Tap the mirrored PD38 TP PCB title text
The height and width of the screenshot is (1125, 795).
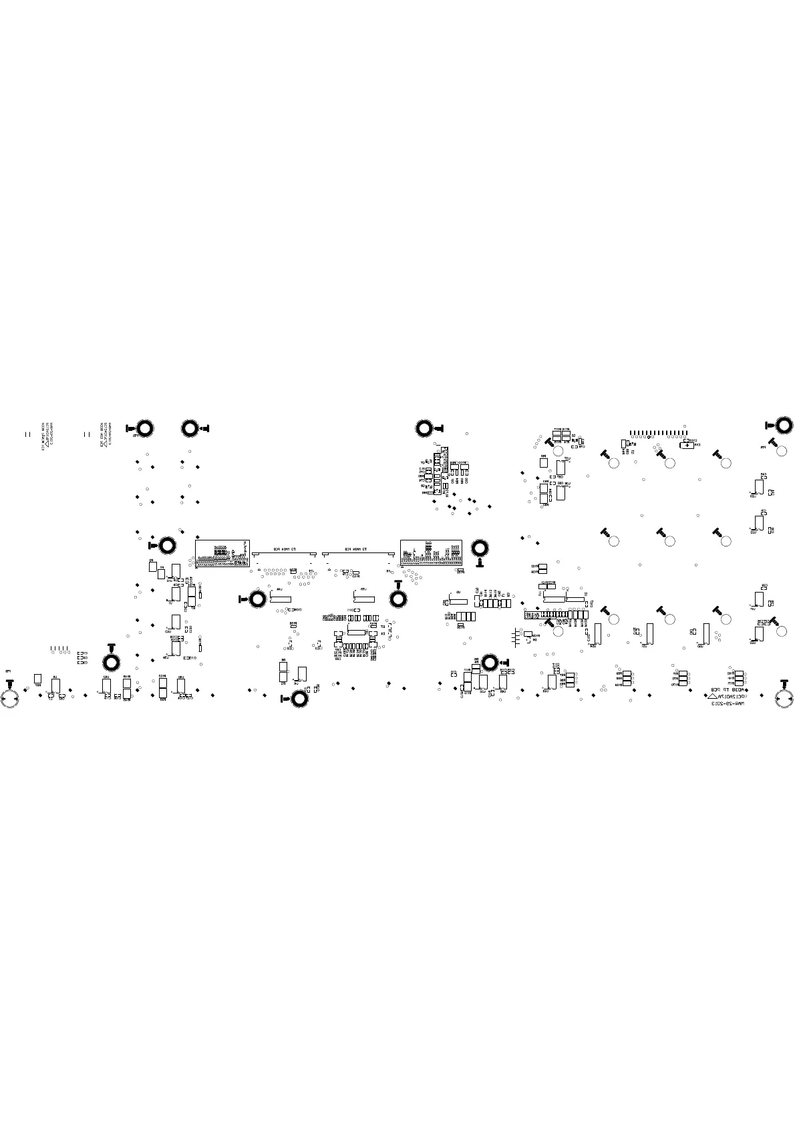(726, 689)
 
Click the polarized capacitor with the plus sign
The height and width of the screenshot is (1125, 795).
(687, 444)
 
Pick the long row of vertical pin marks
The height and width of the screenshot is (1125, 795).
(659, 432)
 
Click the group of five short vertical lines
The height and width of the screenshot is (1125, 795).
(59, 649)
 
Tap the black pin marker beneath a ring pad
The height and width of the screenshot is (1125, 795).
(479, 563)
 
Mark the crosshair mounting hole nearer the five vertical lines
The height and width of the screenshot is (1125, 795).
(10, 698)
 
